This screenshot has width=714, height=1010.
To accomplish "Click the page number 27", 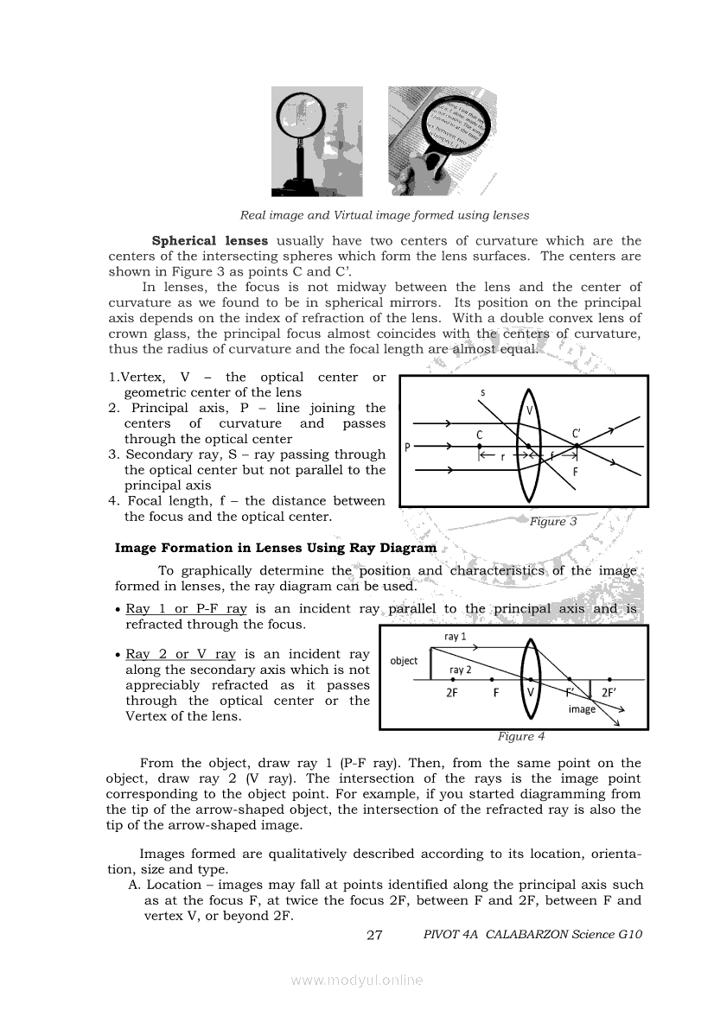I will coord(374,935).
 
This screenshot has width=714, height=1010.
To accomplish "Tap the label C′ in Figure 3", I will coord(577,434).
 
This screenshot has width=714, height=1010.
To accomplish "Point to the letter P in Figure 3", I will coord(406,447).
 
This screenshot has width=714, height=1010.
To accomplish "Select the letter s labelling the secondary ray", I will coord(482,394).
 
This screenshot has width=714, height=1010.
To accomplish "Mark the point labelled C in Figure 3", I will coord(480,446).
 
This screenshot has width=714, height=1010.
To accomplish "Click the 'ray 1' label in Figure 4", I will coord(456,637).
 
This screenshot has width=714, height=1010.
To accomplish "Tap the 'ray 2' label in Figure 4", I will coord(461,670).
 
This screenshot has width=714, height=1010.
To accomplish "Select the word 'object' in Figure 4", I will coord(404,661).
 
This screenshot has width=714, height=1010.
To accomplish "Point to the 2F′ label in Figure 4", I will coord(609,691).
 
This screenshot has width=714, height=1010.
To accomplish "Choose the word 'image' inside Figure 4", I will coord(582,709).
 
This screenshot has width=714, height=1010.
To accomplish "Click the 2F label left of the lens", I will coord(452,692).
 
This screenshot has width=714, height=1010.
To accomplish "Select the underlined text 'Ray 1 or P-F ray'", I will coord(187,608).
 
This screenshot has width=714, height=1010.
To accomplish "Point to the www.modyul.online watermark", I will coord(357,981).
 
